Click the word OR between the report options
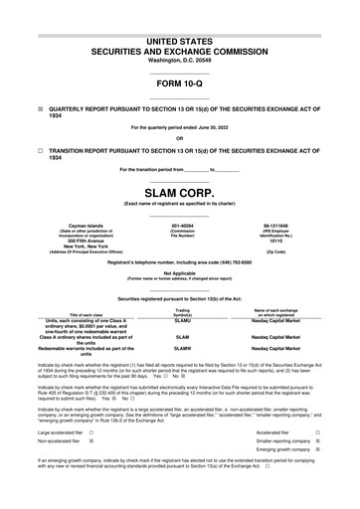pyautogui.click(x=179, y=138)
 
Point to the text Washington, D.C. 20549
pyautogui.click(x=179, y=61)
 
